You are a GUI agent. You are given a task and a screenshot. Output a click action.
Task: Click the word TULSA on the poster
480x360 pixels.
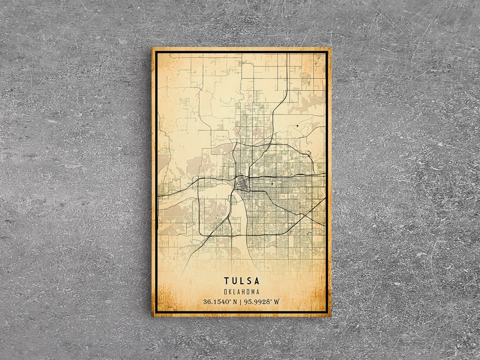tap(242, 281)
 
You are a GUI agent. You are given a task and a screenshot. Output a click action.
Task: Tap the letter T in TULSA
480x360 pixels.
tap(227, 281)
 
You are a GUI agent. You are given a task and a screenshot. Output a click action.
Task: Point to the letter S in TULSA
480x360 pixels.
tap(249, 281)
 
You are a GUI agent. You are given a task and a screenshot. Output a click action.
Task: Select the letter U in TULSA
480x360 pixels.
tap(234, 281)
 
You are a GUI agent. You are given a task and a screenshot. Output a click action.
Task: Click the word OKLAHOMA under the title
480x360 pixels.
tap(242, 292)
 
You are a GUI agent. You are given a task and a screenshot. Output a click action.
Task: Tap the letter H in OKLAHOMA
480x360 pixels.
tap(244, 292)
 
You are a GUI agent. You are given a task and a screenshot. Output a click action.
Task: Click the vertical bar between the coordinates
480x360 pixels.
tap(240, 302)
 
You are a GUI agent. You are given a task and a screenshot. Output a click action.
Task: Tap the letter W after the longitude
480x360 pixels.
tap(277, 302)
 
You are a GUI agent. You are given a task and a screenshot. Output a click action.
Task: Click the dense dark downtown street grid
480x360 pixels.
tap(242, 182)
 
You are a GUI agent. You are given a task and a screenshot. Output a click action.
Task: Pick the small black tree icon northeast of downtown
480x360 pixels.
tap(297, 127)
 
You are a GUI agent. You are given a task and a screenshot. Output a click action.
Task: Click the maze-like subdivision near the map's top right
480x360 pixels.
tap(305, 79)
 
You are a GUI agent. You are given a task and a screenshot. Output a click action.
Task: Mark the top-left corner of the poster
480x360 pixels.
tap(152, 48)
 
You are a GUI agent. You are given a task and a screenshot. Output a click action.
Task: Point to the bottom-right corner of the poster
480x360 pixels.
tap(331, 316)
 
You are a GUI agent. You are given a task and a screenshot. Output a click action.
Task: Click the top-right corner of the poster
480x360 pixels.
tap(331, 48)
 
